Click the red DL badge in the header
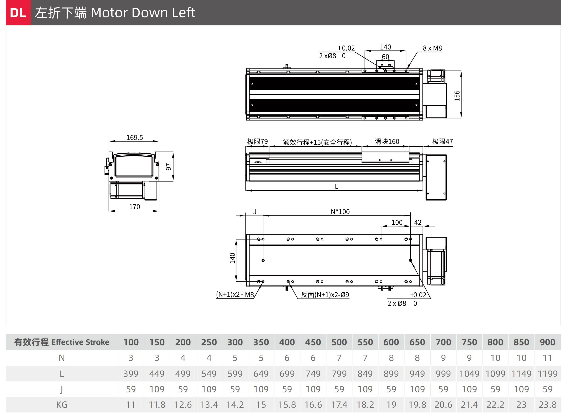19,13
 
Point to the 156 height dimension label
457,96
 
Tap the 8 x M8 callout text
432,48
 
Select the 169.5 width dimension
135,137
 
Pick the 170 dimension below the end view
135,207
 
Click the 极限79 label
258,141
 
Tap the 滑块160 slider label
387,141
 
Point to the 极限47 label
443,141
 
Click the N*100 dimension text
340,212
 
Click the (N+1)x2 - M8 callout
235,294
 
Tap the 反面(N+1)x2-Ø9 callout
325,295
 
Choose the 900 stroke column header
547,342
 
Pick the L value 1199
547,374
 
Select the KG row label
62,405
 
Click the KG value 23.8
547,405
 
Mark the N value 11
547,358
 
